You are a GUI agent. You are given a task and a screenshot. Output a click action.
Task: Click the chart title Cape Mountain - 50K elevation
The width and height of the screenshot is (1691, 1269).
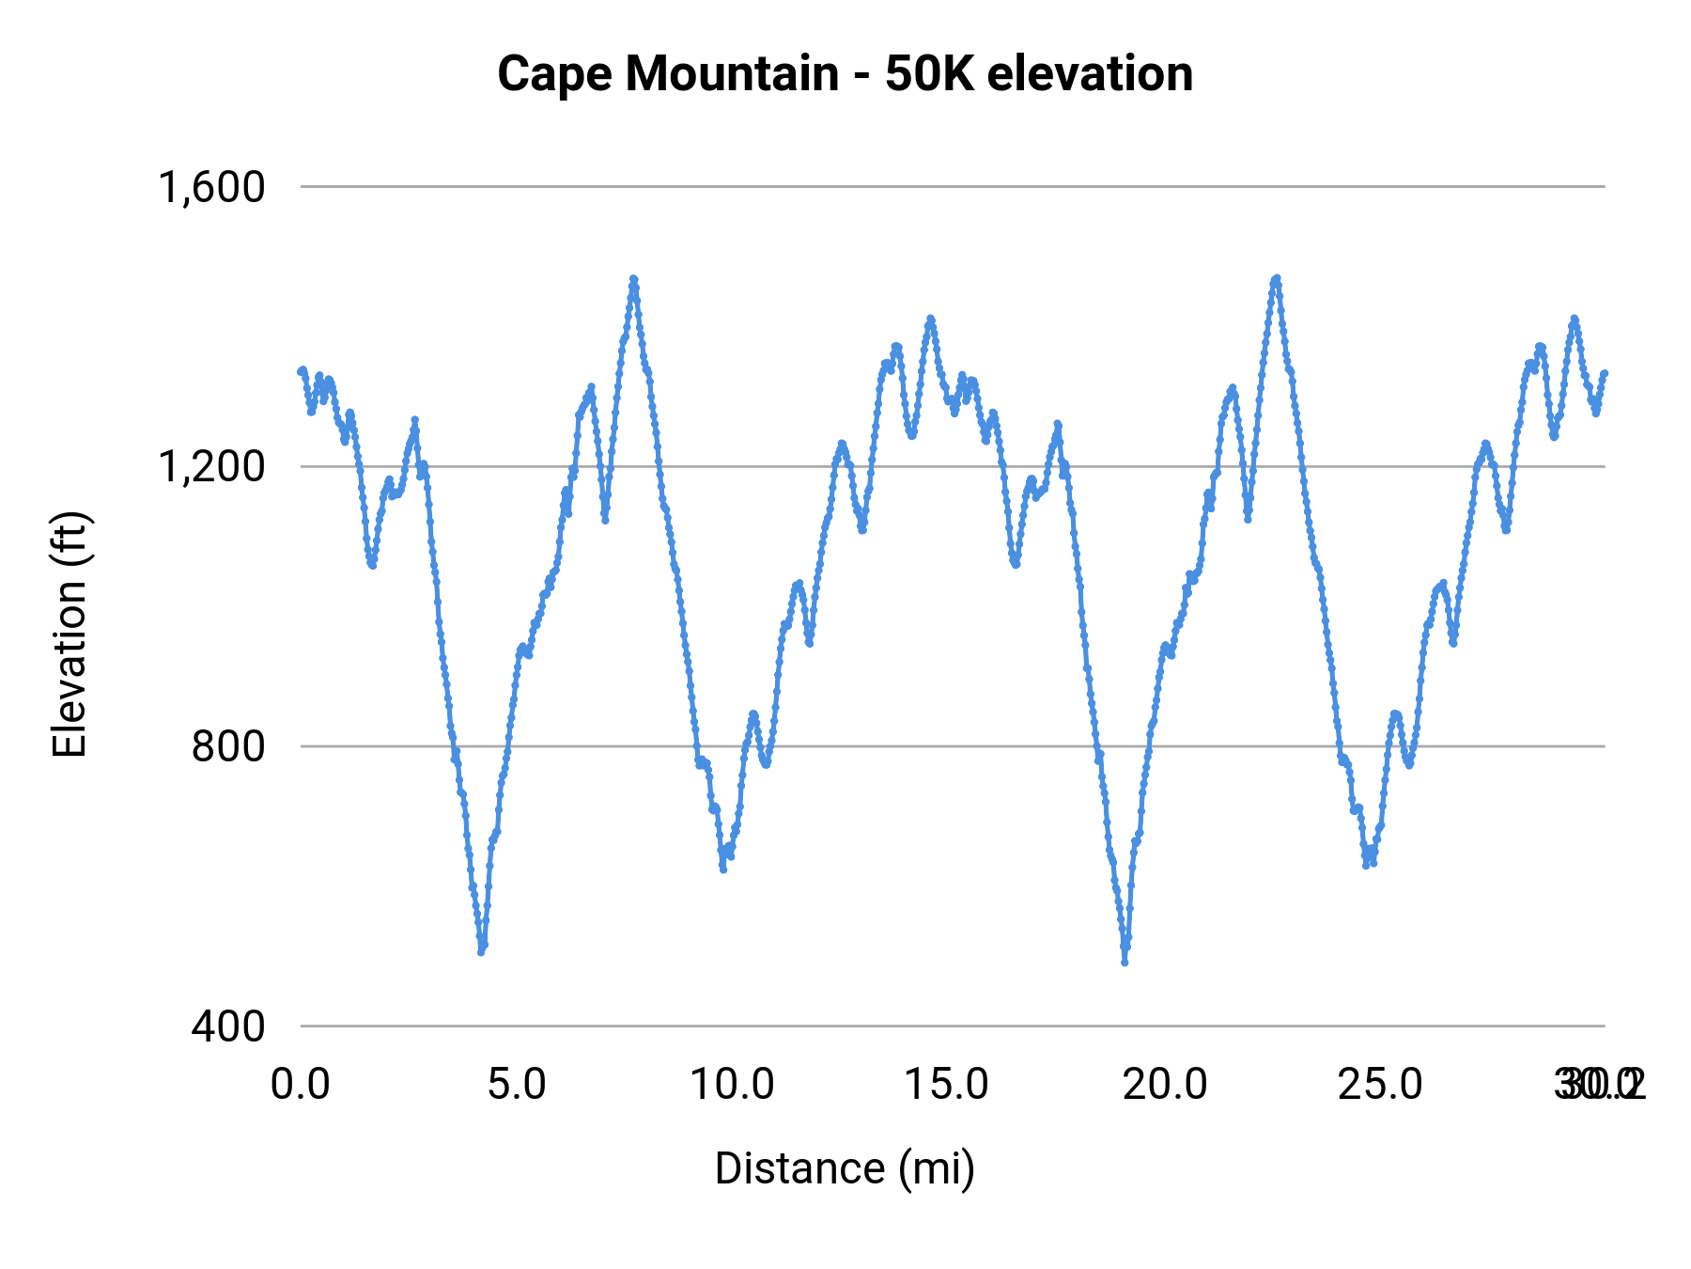(845, 73)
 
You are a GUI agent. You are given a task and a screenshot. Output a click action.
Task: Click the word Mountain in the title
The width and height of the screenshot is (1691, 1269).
(732, 73)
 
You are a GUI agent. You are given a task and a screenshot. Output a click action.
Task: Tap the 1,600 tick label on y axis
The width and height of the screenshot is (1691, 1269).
(212, 187)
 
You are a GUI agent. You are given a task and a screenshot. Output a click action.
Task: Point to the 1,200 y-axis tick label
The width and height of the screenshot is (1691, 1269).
(212, 466)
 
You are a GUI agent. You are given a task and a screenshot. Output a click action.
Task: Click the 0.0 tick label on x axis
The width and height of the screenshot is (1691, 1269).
(301, 1085)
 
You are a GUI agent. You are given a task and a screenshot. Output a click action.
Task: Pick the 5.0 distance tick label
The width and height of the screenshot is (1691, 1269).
(517, 1085)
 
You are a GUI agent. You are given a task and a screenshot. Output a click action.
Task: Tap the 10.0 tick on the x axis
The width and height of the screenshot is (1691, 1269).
(732, 1085)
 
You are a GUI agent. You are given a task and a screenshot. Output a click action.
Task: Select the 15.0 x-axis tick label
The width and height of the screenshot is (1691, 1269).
(947, 1085)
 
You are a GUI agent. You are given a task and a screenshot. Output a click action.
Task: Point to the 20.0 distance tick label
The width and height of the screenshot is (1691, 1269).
(1165, 1085)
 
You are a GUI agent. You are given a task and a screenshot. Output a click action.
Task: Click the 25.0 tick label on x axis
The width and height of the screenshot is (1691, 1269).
(1380, 1085)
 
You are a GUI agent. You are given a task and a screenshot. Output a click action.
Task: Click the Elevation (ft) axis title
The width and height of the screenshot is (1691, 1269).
(70, 635)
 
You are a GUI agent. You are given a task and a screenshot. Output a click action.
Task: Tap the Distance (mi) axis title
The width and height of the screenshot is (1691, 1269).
(845, 1168)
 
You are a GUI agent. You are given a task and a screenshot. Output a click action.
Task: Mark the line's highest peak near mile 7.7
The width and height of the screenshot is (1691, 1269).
(633, 279)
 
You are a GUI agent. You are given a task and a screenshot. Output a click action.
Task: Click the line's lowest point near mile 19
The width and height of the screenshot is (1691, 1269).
(1125, 962)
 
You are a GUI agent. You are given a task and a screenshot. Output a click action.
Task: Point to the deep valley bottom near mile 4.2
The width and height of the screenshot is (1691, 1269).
(482, 950)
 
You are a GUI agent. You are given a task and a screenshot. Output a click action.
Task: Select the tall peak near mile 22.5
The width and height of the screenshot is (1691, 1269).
(1276, 278)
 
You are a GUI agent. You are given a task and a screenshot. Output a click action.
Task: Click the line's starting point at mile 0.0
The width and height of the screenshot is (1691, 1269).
(302, 370)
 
